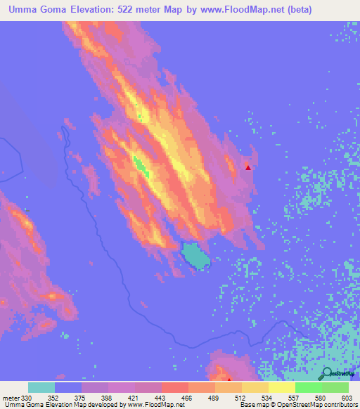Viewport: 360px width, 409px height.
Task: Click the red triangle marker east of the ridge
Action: tap(248, 167)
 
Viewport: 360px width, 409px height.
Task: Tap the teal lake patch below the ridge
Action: tap(196, 256)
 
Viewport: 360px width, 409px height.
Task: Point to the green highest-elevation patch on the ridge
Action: tap(141, 167)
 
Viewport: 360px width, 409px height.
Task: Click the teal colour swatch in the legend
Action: tap(41, 387)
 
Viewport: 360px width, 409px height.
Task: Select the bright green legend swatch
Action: tap(308, 387)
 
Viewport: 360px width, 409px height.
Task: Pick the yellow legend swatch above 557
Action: tap(281, 387)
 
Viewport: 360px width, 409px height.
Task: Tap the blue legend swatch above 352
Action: tap(67, 387)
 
